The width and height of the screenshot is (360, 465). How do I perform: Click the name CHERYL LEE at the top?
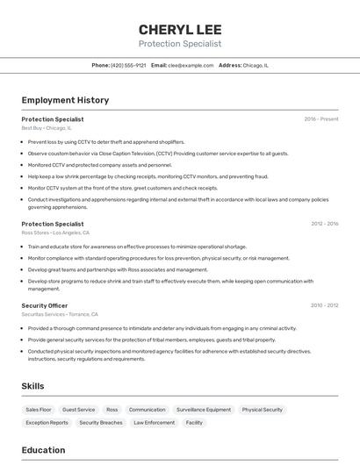pyautogui.click(x=180, y=29)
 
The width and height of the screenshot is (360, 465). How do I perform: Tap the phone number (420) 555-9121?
pyautogui.click(x=128, y=65)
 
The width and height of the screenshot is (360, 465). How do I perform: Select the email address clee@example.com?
pyautogui.click(x=191, y=65)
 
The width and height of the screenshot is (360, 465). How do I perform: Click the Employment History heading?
pyautogui.click(x=65, y=100)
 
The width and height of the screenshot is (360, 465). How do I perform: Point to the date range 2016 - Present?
pyautogui.click(x=320, y=119)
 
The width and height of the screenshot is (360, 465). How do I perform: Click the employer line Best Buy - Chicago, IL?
pyautogui.click(x=47, y=128)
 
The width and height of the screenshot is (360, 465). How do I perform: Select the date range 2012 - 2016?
pyautogui.click(x=324, y=224)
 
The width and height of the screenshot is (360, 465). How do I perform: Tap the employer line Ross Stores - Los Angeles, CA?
pyautogui.click(x=56, y=232)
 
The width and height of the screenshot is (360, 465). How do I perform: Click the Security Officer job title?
pyautogui.click(x=45, y=305)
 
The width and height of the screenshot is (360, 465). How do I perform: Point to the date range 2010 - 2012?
pyautogui.click(x=324, y=305)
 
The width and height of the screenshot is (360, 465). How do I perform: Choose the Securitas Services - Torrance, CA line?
pyautogui.click(x=60, y=314)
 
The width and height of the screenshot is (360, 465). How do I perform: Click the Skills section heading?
pyautogui.click(x=33, y=386)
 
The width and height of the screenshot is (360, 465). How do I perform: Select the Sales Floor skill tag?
pyautogui.click(x=39, y=410)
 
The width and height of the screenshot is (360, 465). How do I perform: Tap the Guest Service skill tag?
pyautogui.click(x=79, y=410)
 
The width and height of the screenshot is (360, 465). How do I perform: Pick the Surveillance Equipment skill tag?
pyautogui.click(x=204, y=410)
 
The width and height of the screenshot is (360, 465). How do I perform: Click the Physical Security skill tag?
pyautogui.click(x=263, y=410)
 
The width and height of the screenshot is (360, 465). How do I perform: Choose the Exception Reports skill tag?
pyautogui.click(x=47, y=423)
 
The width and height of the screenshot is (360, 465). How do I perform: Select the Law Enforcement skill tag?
pyautogui.click(x=154, y=423)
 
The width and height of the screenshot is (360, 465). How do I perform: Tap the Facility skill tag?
pyautogui.click(x=194, y=423)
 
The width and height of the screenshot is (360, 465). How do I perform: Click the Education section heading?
pyautogui.click(x=43, y=450)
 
